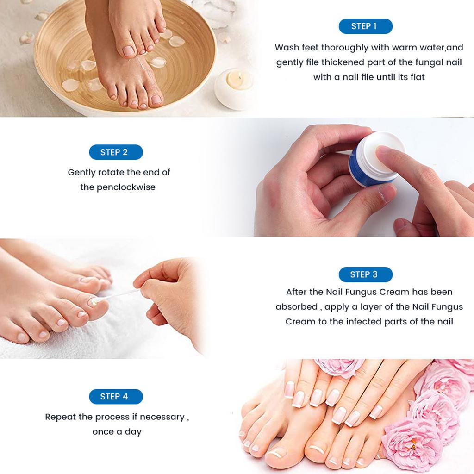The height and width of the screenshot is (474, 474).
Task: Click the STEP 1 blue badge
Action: click(x=365, y=26)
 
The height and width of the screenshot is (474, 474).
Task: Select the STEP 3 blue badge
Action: click(x=365, y=274)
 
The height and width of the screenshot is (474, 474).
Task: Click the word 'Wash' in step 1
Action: click(x=286, y=48)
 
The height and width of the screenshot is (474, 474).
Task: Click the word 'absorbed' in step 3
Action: click(x=296, y=307)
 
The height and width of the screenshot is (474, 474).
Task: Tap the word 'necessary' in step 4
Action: click(x=162, y=417)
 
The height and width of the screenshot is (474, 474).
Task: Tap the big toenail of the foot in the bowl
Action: click(x=128, y=50)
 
